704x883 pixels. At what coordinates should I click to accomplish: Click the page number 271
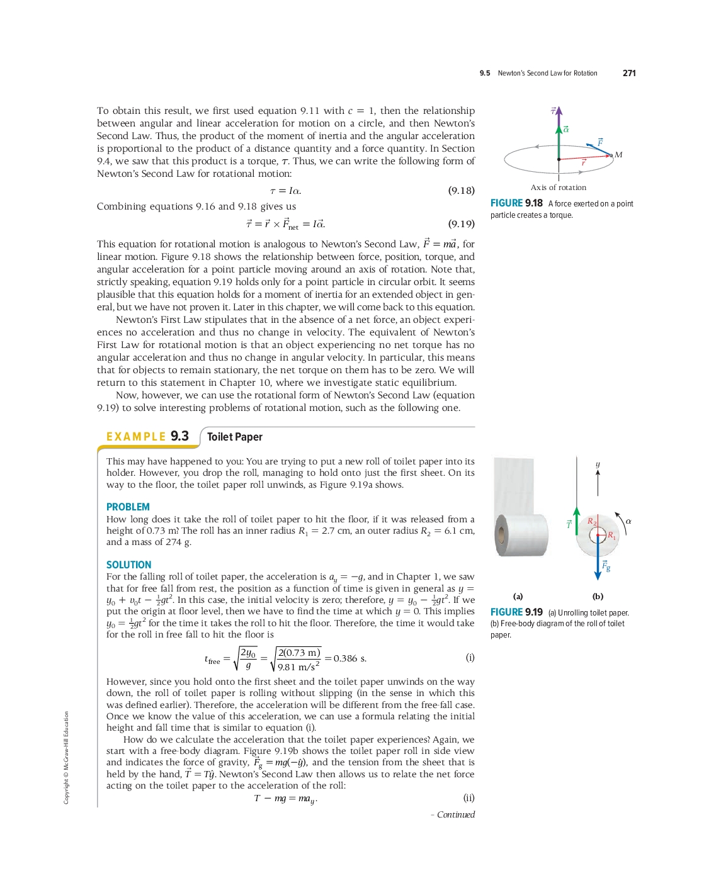tap(629, 73)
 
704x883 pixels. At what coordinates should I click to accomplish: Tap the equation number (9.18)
tap(461, 190)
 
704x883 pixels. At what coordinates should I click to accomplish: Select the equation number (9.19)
tap(461, 223)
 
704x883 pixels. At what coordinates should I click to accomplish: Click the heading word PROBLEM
tap(128, 507)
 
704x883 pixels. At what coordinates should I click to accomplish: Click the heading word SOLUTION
tap(128, 565)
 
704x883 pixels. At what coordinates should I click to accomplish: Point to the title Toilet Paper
tap(234, 437)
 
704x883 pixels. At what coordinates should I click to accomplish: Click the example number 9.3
tap(179, 436)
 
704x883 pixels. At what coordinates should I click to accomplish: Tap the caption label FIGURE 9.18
tap(516, 203)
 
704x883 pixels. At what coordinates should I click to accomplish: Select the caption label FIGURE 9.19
tap(516, 612)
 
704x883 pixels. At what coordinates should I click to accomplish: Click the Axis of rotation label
tap(558, 188)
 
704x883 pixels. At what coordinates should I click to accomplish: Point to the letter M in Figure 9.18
tap(618, 155)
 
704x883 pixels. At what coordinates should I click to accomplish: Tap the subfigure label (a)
tap(518, 596)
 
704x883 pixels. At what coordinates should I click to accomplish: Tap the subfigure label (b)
tap(598, 596)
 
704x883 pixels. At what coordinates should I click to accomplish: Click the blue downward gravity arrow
tap(598, 560)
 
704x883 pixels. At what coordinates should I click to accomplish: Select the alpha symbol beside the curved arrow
tap(628, 521)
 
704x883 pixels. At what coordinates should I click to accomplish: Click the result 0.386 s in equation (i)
tap(350, 658)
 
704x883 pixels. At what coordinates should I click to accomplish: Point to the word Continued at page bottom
tap(455, 814)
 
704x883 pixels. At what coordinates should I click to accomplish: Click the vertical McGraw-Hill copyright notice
tap(66, 757)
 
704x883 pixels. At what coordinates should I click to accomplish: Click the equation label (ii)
tap(468, 797)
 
